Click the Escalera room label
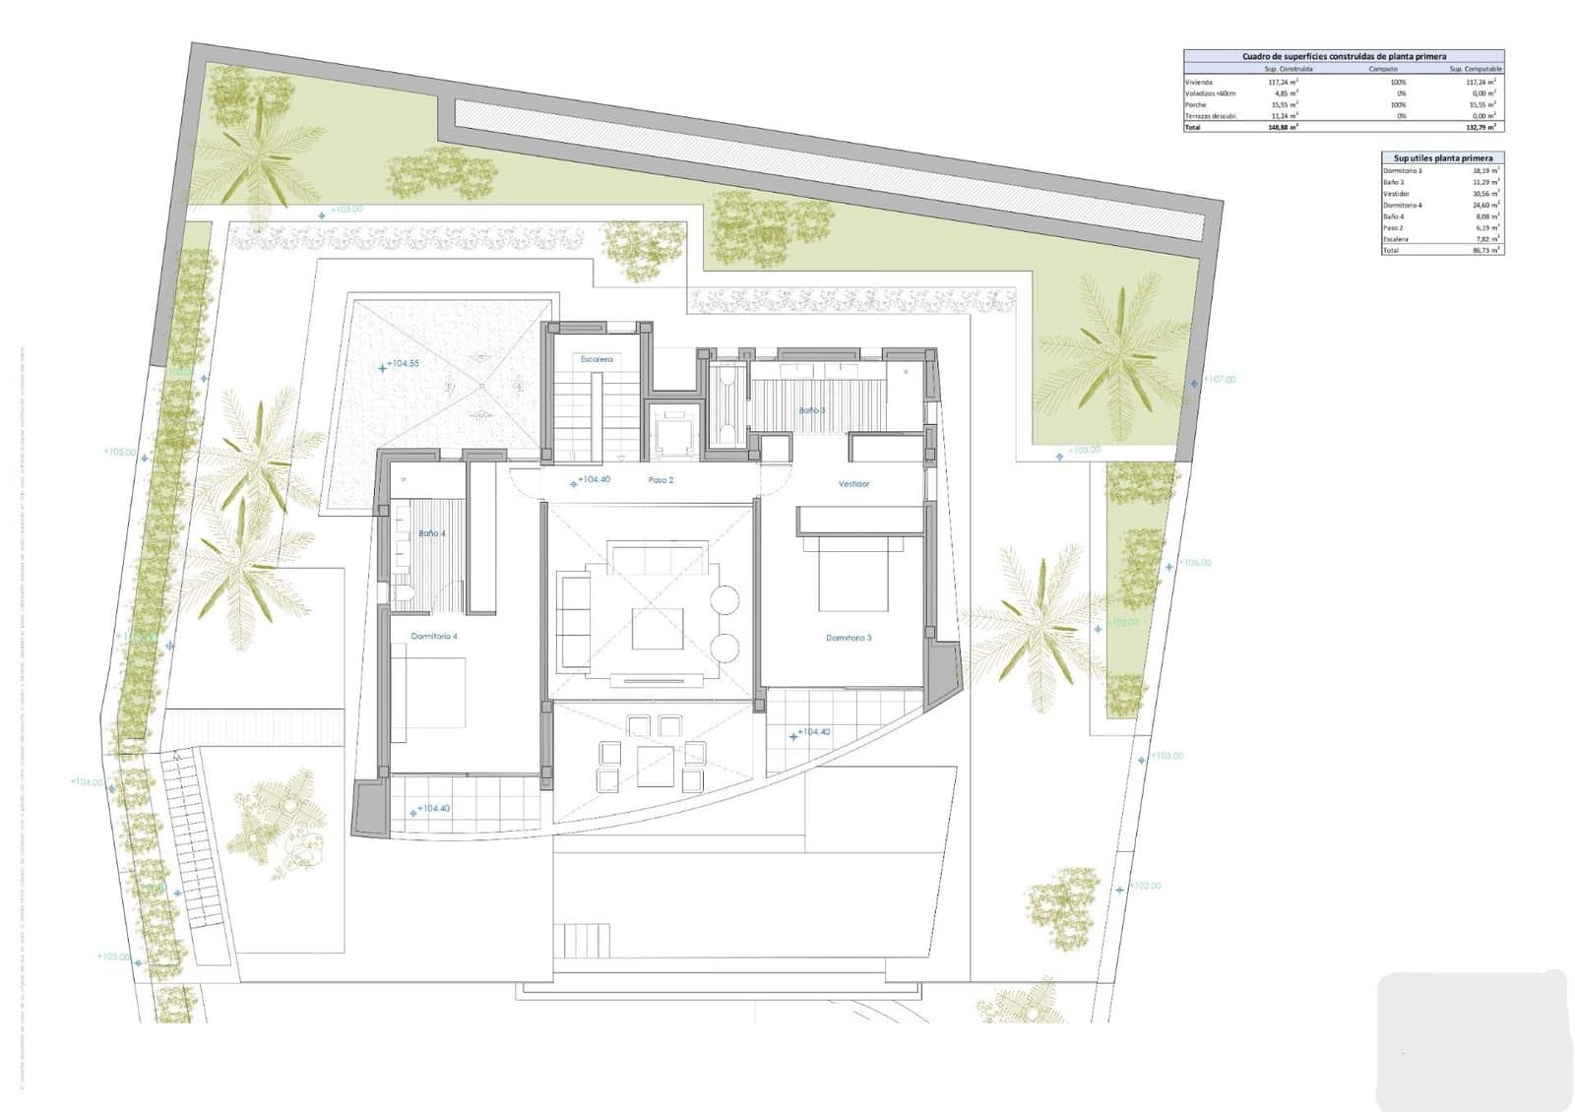[x=597, y=359]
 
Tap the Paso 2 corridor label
[x=661, y=480]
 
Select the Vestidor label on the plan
[x=853, y=484]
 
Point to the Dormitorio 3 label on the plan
[x=849, y=638]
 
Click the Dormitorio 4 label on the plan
[x=434, y=637]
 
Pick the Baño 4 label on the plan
[x=432, y=533]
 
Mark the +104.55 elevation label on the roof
[x=403, y=364]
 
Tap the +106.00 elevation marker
[x=1195, y=563]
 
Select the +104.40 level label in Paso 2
[x=594, y=480]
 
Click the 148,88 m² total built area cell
[x=1283, y=127]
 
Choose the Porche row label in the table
[x=1195, y=104]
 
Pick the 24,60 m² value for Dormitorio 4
[x=1485, y=205]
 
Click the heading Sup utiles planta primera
[x=1442, y=157]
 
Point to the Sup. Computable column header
[x=1475, y=69]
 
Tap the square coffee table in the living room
[x=658, y=629]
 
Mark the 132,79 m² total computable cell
[x=1480, y=127]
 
